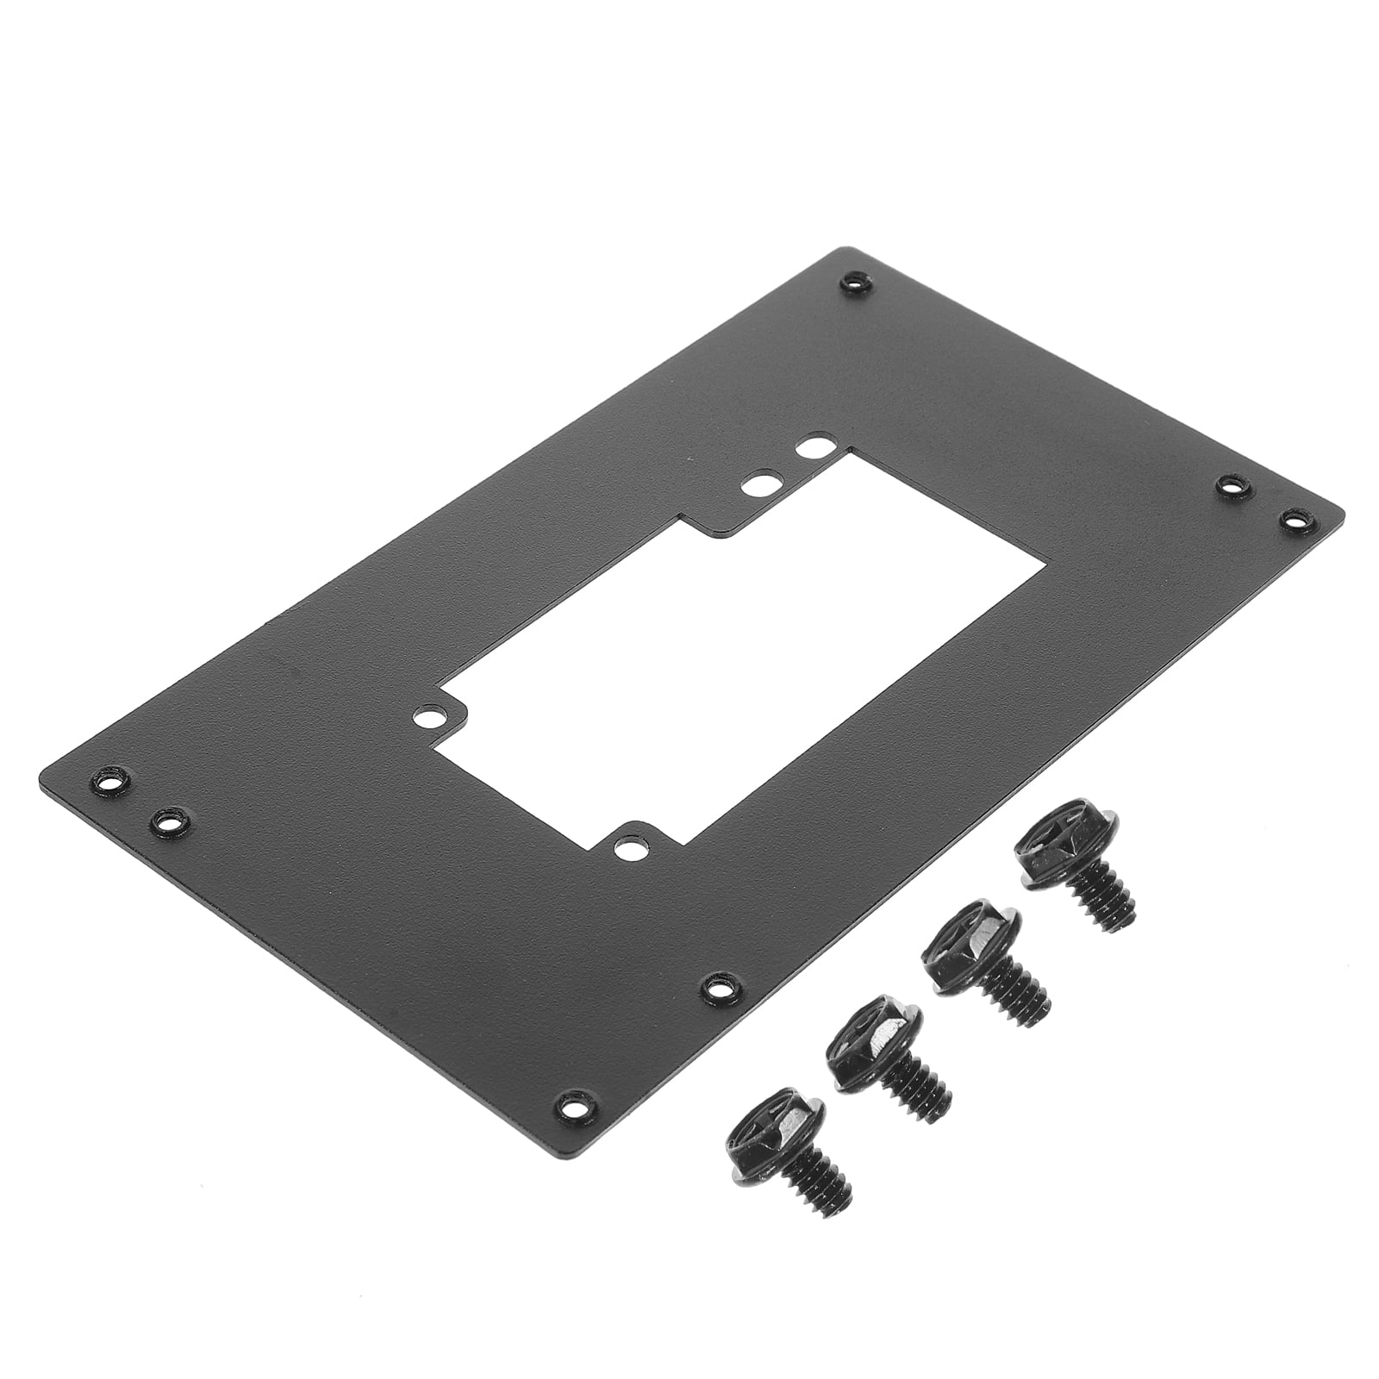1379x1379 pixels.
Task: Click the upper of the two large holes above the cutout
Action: click(811, 448)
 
